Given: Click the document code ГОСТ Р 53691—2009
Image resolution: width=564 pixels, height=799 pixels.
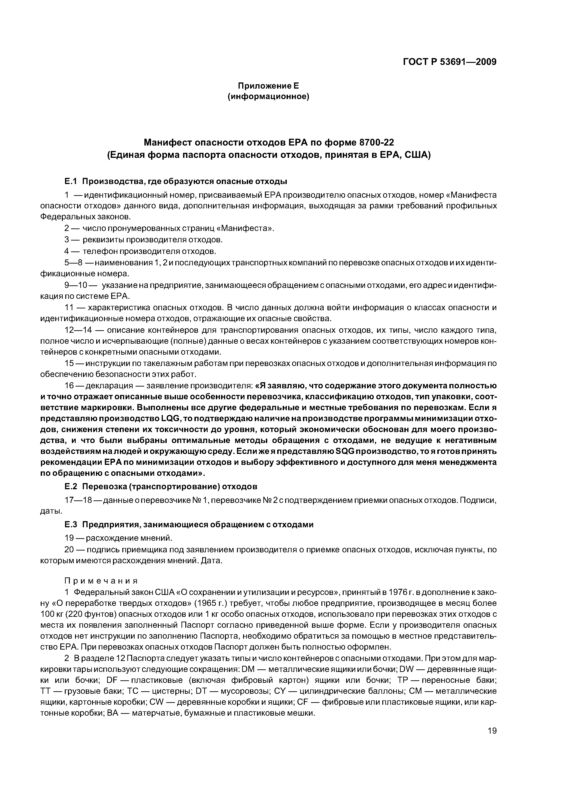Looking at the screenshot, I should point(449,62).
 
